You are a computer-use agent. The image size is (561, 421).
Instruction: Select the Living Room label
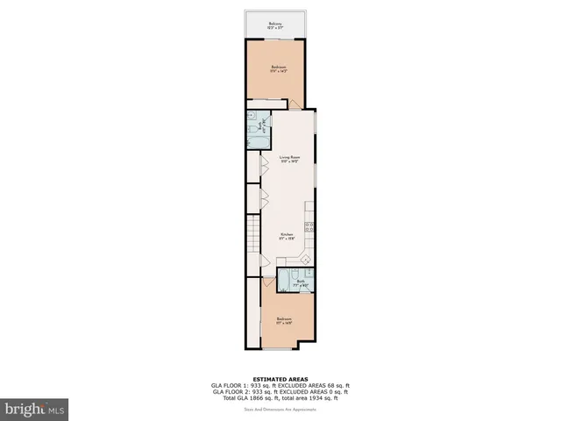pos(280,160)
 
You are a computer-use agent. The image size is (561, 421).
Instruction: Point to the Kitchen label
pos(287,235)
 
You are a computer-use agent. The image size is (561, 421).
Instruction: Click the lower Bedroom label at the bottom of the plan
pos(284,320)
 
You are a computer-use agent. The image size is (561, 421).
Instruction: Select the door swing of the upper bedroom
pos(295,104)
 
